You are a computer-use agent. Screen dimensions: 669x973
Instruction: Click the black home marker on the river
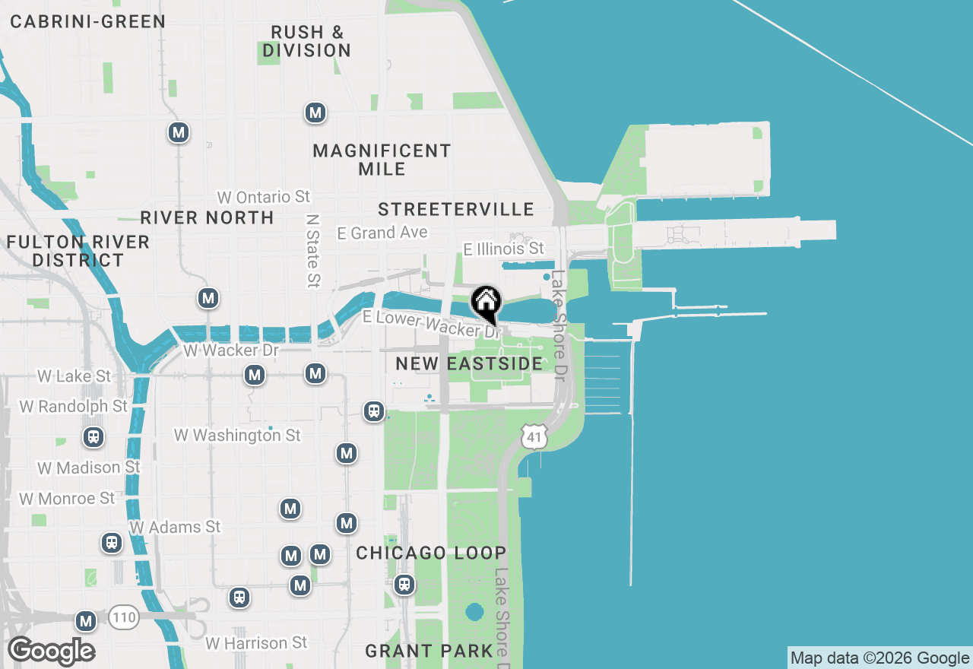click(x=486, y=303)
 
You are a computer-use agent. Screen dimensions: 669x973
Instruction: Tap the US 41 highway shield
click(x=534, y=436)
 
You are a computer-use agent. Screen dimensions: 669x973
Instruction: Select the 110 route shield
click(x=124, y=617)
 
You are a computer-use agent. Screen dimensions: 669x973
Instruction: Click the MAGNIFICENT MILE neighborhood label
click(x=382, y=160)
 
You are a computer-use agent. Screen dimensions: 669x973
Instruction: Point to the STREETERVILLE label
click(x=456, y=209)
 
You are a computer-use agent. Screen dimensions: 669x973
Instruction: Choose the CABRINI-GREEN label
click(x=87, y=21)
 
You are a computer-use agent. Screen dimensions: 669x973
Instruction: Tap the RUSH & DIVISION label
click(x=307, y=41)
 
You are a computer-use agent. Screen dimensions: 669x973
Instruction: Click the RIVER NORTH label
click(x=207, y=217)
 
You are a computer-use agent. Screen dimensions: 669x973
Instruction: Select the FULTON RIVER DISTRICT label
click(x=78, y=251)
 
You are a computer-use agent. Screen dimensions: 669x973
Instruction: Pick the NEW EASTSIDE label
click(x=469, y=364)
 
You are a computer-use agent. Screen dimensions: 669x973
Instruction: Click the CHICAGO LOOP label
click(x=431, y=553)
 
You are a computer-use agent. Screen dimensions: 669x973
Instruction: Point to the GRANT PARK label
click(x=429, y=651)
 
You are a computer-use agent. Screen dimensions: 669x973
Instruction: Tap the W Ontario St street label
click(x=264, y=197)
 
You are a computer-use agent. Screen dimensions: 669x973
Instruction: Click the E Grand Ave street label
click(x=382, y=233)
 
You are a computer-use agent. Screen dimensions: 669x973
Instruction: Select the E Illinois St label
click(x=504, y=249)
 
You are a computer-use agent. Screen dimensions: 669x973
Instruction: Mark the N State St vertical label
click(x=312, y=250)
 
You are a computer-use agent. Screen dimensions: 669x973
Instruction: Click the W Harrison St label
click(x=256, y=643)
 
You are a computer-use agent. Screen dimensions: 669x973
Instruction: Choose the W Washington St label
click(x=237, y=436)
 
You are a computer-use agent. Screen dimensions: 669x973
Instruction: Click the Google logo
click(x=51, y=652)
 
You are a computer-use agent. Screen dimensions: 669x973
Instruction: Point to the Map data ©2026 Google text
click(x=880, y=658)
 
